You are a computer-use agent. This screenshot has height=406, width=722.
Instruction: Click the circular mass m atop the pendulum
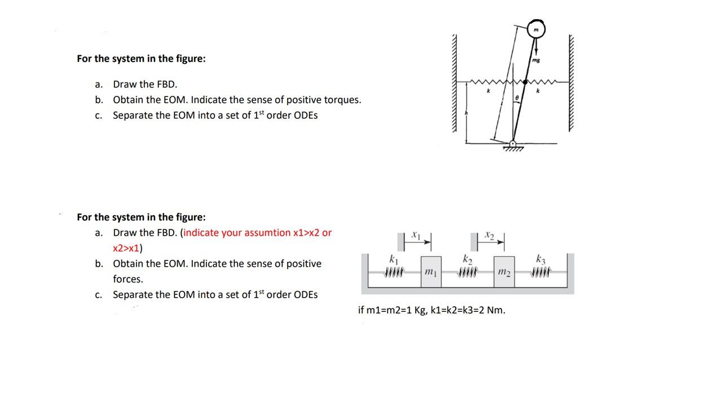click(536, 29)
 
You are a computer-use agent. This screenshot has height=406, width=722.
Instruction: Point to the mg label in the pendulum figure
click(536, 59)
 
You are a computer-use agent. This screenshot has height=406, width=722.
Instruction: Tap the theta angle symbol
click(517, 98)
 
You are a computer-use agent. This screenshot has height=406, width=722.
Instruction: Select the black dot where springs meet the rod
click(525, 82)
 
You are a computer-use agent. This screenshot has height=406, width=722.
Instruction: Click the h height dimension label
click(466, 113)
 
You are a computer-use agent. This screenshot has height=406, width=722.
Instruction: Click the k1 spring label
click(394, 260)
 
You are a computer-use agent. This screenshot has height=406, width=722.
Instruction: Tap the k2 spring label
click(467, 260)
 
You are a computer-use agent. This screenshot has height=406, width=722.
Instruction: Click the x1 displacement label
click(416, 233)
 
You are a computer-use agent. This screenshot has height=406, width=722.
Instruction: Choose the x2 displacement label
click(489, 233)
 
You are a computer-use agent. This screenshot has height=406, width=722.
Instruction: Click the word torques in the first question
click(342, 100)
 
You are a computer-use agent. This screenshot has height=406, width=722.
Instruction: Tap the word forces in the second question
click(128, 279)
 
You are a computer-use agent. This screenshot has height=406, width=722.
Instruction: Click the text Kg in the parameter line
click(420, 310)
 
